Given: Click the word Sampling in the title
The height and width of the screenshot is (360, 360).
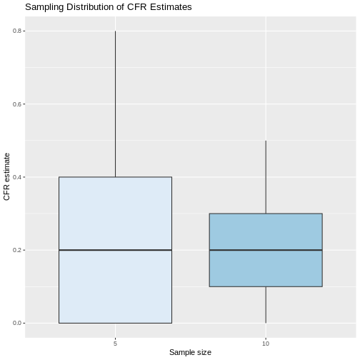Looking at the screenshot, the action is point(44,7).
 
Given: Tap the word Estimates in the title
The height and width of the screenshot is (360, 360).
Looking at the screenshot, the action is point(171,7).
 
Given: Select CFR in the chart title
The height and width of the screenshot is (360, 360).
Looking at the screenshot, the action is point(136,7).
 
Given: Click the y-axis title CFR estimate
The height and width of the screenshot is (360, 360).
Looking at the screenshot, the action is point(6,176).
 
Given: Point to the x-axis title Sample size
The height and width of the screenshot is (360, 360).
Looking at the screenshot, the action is point(190,352).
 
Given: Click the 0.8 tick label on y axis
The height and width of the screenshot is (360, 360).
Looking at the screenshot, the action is point(17,31).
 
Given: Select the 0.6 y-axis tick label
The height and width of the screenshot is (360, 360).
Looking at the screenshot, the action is point(17,104).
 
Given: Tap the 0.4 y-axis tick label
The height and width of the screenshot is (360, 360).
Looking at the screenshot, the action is point(17,177).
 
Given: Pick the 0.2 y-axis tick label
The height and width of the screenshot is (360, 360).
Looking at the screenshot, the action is point(17,250).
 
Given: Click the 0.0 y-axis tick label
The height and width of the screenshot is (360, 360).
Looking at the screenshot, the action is point(17,323).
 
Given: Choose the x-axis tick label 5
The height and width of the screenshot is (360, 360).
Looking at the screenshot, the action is point(115,344).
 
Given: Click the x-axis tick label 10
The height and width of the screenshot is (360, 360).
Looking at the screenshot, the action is point(266,344).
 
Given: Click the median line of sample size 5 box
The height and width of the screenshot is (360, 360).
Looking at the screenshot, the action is point(115,250).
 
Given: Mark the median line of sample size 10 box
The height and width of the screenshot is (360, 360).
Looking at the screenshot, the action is point(266,250).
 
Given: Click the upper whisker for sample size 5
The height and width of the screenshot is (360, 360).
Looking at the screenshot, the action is point(115,104).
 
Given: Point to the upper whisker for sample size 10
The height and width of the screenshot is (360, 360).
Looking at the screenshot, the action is point(266,177).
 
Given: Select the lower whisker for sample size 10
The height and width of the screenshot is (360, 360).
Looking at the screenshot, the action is point(266,305).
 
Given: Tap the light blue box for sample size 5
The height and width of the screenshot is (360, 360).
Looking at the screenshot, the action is point(115,214).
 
